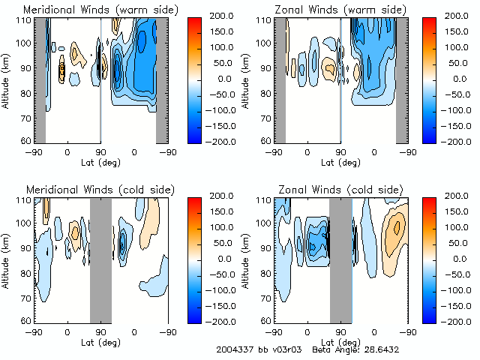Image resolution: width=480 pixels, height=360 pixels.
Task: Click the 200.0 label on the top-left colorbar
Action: click(224, 15)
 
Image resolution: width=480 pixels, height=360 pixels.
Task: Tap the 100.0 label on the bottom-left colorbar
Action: click(224, 227)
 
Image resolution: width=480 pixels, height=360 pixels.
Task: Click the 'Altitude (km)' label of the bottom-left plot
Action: click(8, 259)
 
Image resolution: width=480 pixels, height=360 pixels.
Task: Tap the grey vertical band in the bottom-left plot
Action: click(100, 259)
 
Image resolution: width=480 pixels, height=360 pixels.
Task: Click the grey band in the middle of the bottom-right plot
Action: click(340, 259)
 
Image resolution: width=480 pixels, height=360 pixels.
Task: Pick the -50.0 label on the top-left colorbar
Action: click(223, 94)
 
